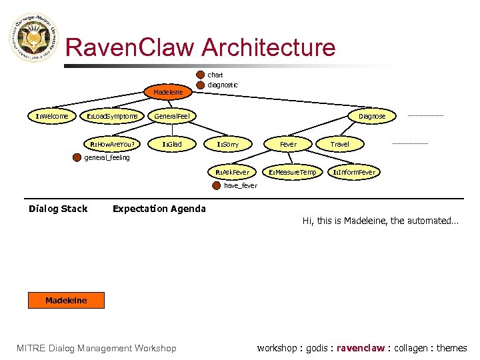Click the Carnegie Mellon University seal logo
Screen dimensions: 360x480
click(33, 39)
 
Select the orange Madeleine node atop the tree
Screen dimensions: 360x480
click(168, 92)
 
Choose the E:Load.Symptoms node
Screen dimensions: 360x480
click(113, 117)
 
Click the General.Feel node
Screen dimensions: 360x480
click(172, 117)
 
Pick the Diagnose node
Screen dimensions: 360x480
click(372, 116)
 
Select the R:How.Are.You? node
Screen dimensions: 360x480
click(112, 144)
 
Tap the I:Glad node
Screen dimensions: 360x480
click(172, 144)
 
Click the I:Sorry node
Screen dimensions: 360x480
click(227, 144)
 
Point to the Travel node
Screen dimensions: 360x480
click(340, 144)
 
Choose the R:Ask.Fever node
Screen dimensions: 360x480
click(232, 172)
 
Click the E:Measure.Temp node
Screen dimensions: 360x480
click(292, 172)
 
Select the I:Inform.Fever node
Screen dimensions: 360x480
click(354, 172)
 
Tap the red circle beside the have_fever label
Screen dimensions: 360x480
click(215, 186)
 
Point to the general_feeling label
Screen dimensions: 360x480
click(107, 158)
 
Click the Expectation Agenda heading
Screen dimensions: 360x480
click(159, 209)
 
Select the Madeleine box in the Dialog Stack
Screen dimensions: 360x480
click(66, 301)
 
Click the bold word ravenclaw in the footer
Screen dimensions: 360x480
click(360, 348)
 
